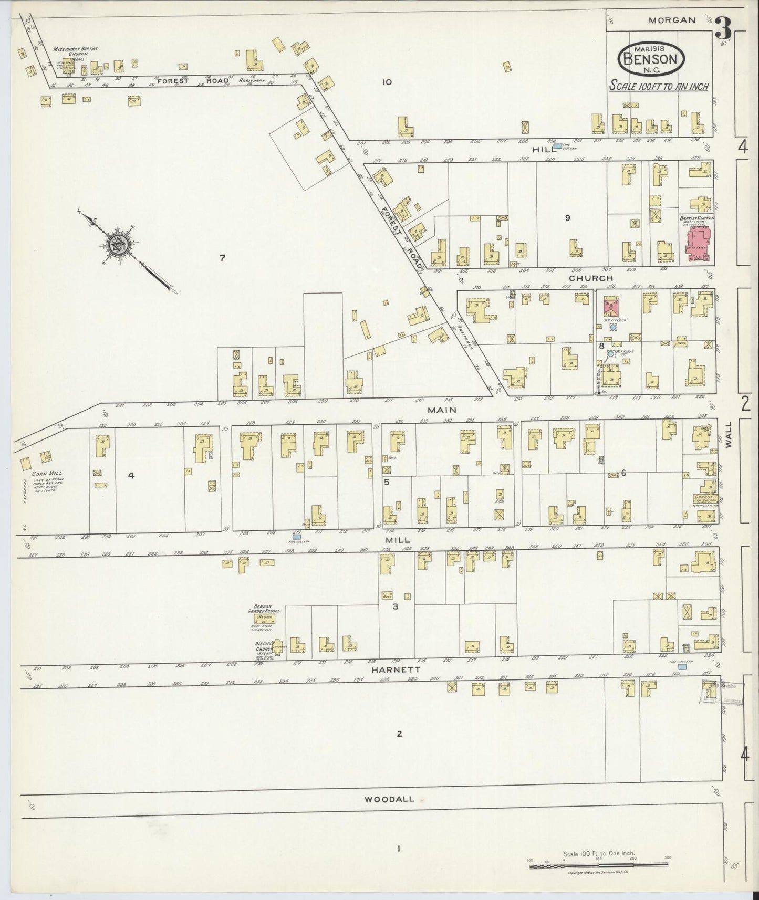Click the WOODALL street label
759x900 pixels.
[389, 799]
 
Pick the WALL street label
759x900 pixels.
[729, 436]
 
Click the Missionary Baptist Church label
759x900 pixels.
[74, 52]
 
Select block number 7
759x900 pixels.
[222, 258]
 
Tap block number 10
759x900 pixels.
[388, 82]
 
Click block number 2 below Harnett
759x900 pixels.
[399, 734]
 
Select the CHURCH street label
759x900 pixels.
[591, 278]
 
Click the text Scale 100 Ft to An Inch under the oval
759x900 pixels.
[658, 86]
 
